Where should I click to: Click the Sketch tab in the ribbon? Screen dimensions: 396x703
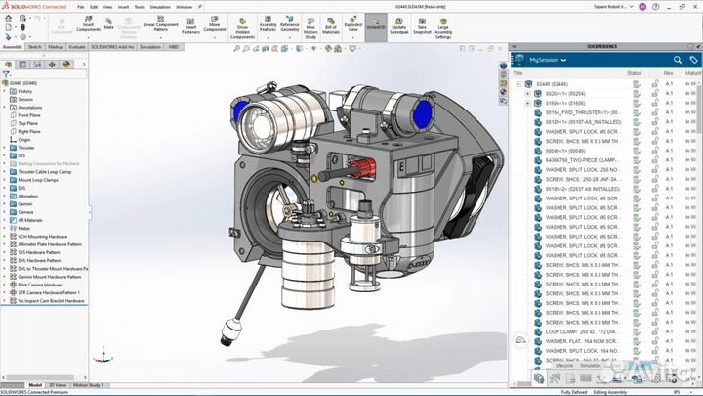click(34, 46)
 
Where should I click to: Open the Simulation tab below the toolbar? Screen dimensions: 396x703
click(149, 46)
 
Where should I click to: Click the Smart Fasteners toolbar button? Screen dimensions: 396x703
click(191, 25)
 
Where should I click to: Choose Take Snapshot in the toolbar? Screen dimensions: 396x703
click(422, 25)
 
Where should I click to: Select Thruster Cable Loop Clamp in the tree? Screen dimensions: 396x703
click(45, 171)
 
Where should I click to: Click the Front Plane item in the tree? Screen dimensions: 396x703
click(28, 115)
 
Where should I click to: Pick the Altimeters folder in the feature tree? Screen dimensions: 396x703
click(29, 196)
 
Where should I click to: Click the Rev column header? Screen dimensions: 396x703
click(668, 73)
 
